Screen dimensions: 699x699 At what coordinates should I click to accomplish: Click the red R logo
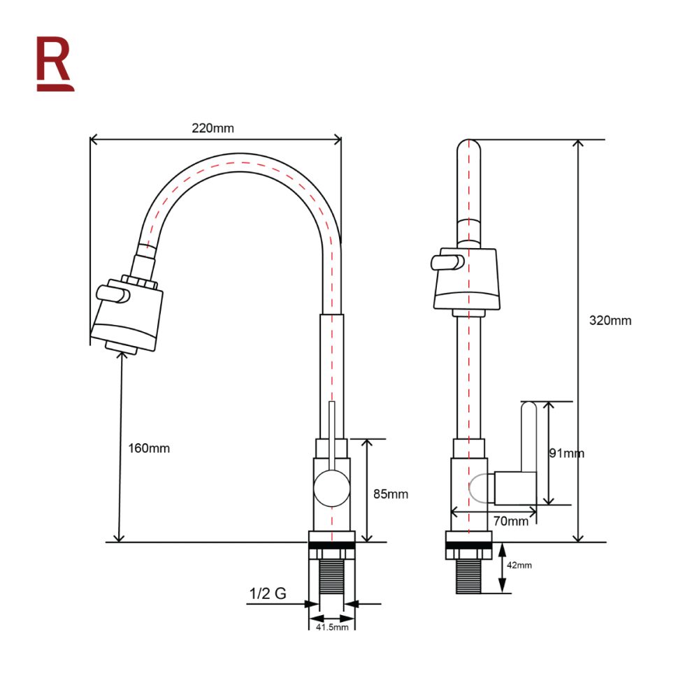coord(55,64)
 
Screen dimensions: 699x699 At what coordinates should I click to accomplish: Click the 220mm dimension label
coord(212,129)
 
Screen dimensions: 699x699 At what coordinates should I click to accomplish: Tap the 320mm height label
coord(610,321)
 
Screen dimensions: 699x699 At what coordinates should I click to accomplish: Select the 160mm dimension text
coord(149,449)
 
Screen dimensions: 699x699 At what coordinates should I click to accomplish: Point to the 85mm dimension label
coord(391,494)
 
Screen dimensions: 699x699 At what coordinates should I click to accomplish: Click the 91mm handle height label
coord(566,454)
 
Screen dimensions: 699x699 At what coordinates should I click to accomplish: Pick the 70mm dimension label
coord(511,521)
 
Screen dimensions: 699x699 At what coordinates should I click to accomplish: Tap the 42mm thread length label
coord(519,565)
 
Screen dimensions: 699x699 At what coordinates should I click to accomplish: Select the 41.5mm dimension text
coord(332,627)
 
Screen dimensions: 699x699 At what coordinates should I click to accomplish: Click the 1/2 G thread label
coord(268,593)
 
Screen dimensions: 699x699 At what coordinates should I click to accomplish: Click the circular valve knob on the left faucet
coord(331,489)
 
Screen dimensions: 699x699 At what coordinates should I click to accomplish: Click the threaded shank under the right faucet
coord(468,577)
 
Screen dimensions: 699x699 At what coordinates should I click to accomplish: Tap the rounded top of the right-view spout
coord(469,147)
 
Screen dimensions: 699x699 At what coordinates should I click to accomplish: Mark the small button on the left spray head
coord(113,294)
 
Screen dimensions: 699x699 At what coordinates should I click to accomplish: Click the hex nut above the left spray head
coord(139,282)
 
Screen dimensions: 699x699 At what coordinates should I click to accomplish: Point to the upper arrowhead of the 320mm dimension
coord(578,143)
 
